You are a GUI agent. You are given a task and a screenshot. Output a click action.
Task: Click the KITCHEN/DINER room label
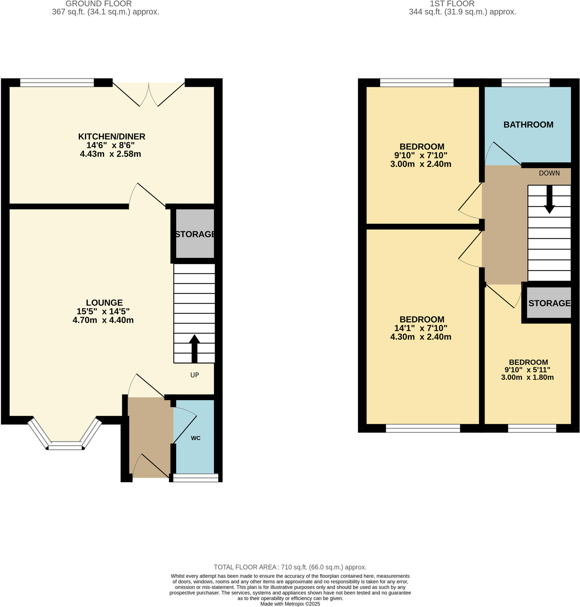coord(111,136)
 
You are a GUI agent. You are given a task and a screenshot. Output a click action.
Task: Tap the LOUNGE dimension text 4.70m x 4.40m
coord(103,320)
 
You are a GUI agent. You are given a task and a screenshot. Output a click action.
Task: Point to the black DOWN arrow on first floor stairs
coord(549,200)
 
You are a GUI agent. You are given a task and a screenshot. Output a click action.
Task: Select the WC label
coord(195,438)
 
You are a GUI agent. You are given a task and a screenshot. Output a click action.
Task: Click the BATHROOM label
coord(528,124)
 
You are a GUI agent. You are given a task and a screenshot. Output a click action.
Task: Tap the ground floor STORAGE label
coord(195,234)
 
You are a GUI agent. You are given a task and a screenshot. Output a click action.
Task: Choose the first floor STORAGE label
coord(549,303)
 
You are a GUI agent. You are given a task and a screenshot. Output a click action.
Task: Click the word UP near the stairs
coord(195,375)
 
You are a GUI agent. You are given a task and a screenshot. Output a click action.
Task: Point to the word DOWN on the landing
coord(549,173)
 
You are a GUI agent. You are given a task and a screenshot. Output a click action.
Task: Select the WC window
coord(195,477)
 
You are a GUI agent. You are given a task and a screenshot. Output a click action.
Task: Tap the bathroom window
coord(525,82)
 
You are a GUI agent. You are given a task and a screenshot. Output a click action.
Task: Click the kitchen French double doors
coord(149,93)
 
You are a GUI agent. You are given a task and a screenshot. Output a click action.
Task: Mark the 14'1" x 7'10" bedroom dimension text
coord(420,328)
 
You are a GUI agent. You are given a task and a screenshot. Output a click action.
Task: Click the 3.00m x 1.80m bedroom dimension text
coord(527,377)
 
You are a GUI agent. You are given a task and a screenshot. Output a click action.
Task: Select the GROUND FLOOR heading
coord(99,4)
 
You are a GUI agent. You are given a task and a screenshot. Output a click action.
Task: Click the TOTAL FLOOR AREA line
coord(290,567)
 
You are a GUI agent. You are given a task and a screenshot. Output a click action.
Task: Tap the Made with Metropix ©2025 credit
coord(290,604)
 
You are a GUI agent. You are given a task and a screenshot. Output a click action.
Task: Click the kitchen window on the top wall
coord(57,82)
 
